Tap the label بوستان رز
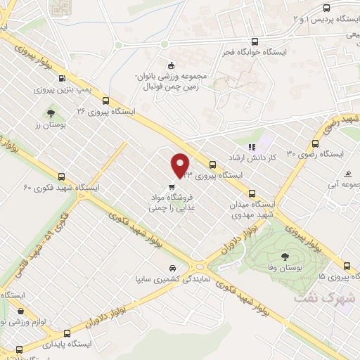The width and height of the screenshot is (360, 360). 50,124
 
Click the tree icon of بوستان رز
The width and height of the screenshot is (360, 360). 51,112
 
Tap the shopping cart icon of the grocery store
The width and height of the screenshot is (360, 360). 172,187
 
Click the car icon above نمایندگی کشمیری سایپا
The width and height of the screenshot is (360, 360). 172,268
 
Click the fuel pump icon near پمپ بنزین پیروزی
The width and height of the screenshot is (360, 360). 63,78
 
